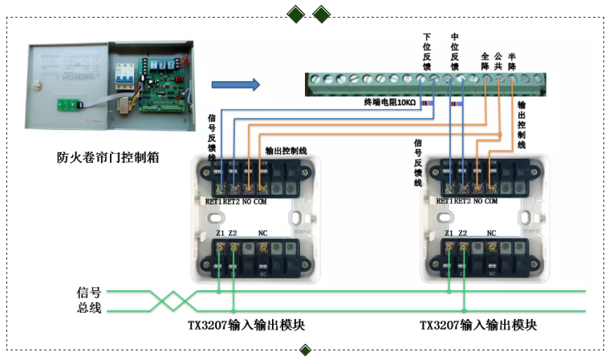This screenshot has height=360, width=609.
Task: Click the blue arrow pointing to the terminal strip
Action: (236, 84)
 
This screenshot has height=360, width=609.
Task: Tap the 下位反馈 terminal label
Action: (427, 51)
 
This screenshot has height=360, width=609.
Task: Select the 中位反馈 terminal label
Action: (455, 51)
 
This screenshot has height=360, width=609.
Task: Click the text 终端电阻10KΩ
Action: (388, 103)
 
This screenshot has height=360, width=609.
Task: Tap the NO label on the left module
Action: (244, 201)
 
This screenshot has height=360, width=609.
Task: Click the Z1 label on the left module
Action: (220, 233)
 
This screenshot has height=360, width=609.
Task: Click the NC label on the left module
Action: (262, 233)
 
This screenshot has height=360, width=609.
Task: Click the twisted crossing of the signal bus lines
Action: (176, 301)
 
